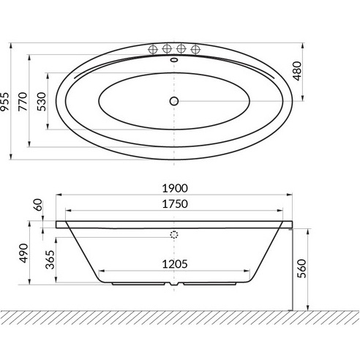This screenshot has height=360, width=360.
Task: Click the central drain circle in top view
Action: pyautogui.click(x=175, y=101)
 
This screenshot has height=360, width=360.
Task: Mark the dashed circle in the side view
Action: pyautogui.click(x=175, y=235)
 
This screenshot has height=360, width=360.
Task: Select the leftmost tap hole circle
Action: pyautogui.click(x=153, y=50)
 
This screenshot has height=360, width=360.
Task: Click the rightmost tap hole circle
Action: pyautogui.click(x=195, y=50)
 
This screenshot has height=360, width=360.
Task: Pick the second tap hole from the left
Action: pyautogui.click(x=168, y=50)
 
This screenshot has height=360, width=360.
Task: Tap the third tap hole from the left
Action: pyautogui.click(x=181, y=50)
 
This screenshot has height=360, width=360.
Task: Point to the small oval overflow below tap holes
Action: pyautogui.click(x=175, y=61)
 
